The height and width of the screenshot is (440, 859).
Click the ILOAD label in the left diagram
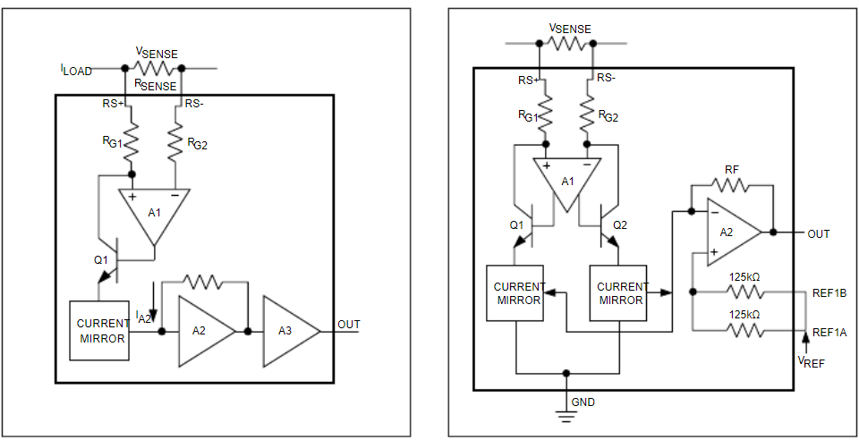(x=76, y=70)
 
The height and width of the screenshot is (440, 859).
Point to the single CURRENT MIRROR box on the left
(x=98, y=330)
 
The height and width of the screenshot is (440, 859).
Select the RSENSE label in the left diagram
(x=155, y=86)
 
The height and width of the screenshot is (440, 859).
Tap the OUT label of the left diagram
(x=349, y=325)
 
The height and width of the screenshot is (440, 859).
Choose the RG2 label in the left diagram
(x=197, y=143)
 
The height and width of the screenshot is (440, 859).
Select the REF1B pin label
(x=829, y=292)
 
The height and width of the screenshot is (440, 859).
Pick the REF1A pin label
(x=829, y=332)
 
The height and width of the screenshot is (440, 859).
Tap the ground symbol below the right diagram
(x=564, y=414)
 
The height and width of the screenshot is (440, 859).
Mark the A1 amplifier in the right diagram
(x=567, y=182)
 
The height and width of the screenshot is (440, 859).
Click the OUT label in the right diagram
(x=819, y=234)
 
